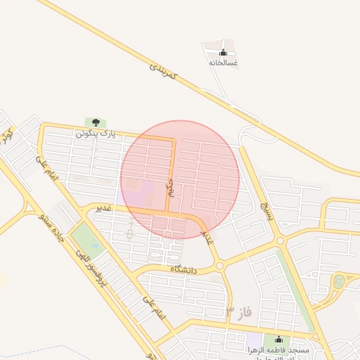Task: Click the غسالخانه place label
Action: click(223, 63)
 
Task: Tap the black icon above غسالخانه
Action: click(224, 52)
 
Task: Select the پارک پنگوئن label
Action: click(96, 132)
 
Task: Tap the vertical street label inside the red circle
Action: click(169, 187)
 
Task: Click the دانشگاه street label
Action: click(186, 269)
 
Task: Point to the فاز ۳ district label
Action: click(238, 310)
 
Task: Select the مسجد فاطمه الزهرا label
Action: click(277, 349)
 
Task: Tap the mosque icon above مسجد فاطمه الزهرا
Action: click(278, 339)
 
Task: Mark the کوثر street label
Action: click(8, 136)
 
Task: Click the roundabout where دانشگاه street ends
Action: click(219, 266)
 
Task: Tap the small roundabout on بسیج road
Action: click(281, 241)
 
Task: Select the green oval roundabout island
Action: click(339, 281)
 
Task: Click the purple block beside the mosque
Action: click(252, 340)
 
